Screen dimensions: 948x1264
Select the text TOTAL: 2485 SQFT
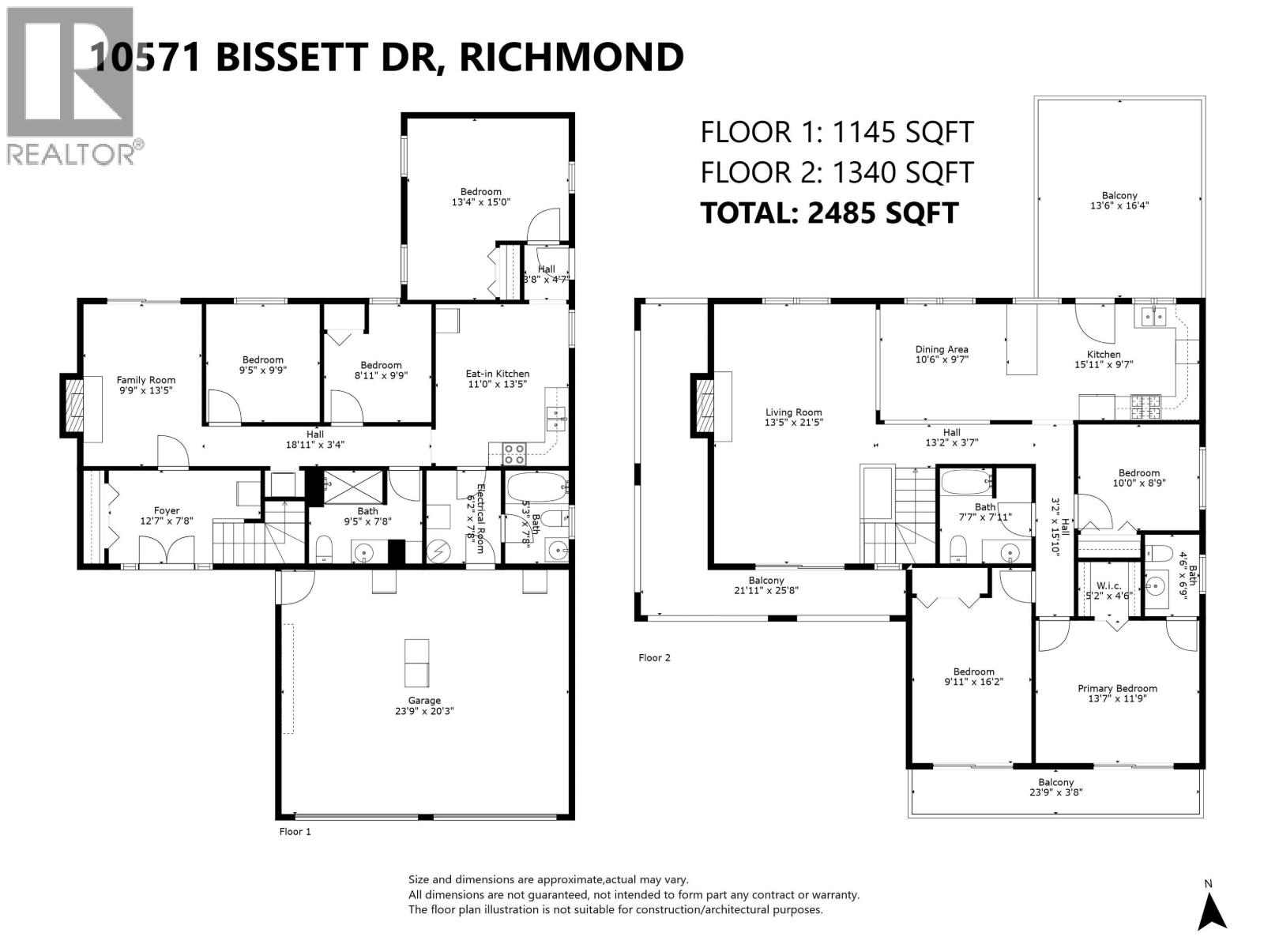(x=829, y=213)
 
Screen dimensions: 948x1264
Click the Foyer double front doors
(x=167, y=551)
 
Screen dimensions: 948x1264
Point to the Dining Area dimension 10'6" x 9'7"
(x=942, y=359)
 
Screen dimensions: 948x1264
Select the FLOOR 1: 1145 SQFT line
(x=837, y=132)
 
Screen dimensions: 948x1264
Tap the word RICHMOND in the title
(x=571, y=57)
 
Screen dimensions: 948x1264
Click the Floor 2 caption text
(x=654, y=657)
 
